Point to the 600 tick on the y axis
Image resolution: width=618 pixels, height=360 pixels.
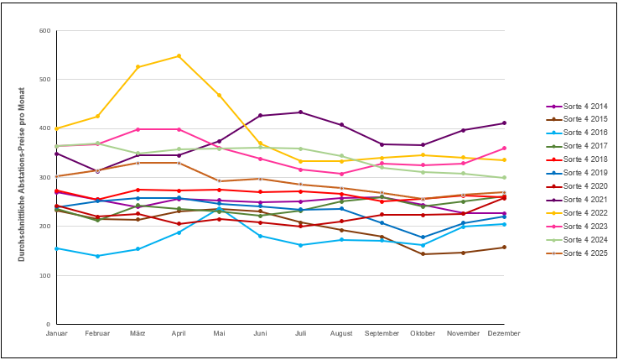44,31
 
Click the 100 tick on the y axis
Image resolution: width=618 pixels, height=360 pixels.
44,276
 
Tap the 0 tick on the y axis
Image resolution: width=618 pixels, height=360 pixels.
48,325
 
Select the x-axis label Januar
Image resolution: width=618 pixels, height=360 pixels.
56,334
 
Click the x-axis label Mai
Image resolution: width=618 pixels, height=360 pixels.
220,334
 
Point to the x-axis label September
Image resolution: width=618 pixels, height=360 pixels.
382,334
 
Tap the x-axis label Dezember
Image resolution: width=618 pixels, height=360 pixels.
504,334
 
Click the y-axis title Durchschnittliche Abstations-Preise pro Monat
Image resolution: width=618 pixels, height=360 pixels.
22,178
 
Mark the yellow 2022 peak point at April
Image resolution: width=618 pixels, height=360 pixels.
179,56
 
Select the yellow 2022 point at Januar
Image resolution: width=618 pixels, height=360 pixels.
56,128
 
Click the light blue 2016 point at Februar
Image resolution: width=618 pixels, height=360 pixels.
97,256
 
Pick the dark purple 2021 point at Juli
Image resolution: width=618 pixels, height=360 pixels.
300,112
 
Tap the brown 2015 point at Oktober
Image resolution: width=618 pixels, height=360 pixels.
423,254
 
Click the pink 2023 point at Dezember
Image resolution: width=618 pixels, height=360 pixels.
504,149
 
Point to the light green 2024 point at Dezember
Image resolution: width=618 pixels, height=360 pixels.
504,178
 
